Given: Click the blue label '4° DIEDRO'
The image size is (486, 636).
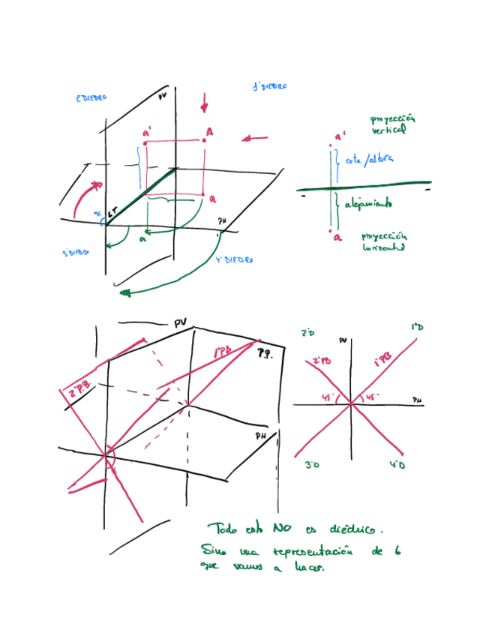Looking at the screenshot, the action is click(233, 260).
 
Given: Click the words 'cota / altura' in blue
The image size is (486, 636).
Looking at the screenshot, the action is click(369, 159).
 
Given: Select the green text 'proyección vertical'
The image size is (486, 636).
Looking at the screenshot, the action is click(391, 124).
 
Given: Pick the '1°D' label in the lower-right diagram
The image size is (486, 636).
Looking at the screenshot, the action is click(417, 328).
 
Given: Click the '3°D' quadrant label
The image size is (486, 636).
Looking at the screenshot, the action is click(313, 466).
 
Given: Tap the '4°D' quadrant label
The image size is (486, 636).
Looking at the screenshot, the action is click(397, 466).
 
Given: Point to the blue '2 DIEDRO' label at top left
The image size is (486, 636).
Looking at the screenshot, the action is click(91, 98).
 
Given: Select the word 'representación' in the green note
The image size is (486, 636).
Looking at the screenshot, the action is click(300, 553).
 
